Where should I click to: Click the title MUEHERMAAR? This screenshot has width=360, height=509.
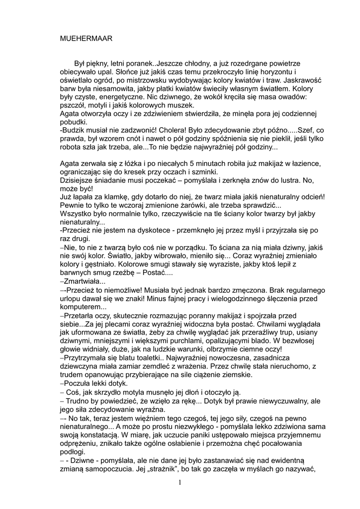(x=86, y=38)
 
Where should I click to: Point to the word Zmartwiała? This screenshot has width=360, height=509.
(x=81, y=281)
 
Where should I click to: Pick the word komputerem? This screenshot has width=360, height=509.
(x=80, y=307)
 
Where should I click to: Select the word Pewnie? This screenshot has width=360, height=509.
(x=72, y=205)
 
